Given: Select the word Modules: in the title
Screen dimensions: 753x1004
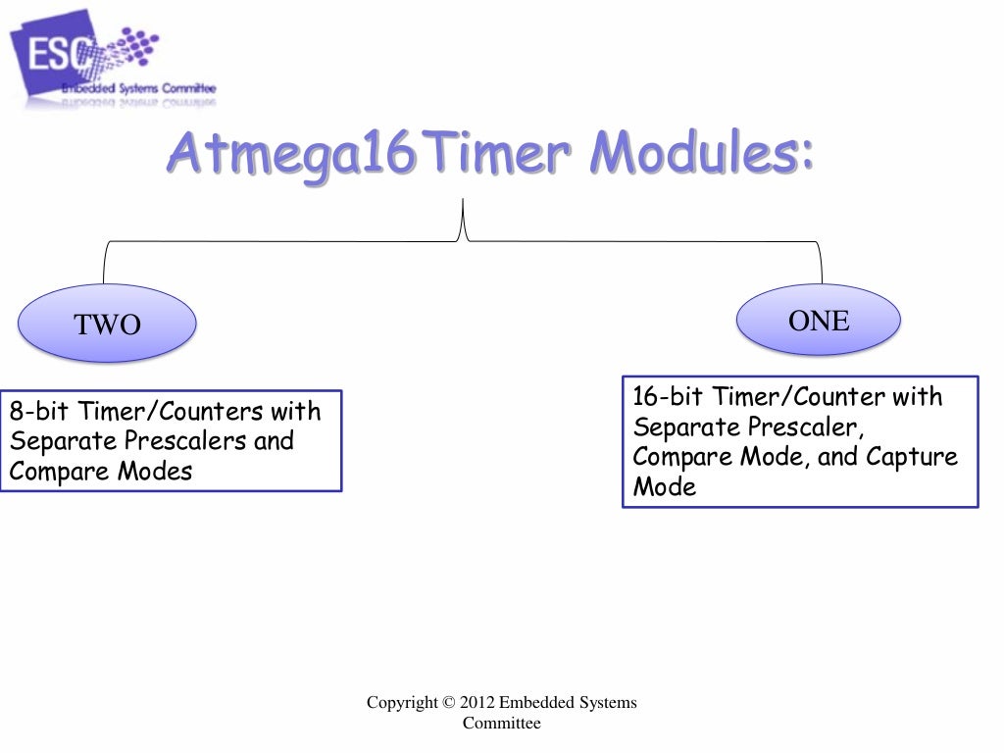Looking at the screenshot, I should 701,155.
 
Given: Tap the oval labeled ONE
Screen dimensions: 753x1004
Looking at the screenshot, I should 819,320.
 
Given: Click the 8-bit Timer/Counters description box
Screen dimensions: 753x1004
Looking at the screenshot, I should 171,440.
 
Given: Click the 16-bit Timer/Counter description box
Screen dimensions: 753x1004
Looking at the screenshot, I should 800,441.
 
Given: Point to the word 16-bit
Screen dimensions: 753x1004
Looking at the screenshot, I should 669,397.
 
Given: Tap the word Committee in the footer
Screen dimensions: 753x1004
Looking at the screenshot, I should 501,724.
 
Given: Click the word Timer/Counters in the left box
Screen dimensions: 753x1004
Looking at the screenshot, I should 176,410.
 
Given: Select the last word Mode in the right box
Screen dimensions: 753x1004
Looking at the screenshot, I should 665,487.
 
